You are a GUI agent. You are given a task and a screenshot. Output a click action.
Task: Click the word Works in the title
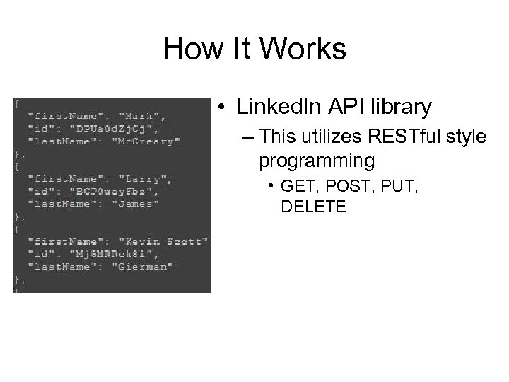click(x=305, y=49)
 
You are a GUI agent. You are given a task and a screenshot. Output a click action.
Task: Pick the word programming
click(x=317, y=161)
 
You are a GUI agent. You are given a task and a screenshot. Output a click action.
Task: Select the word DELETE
click(x=312, y=207)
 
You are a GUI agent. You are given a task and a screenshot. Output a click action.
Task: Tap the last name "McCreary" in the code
click(x=148, y=141)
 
